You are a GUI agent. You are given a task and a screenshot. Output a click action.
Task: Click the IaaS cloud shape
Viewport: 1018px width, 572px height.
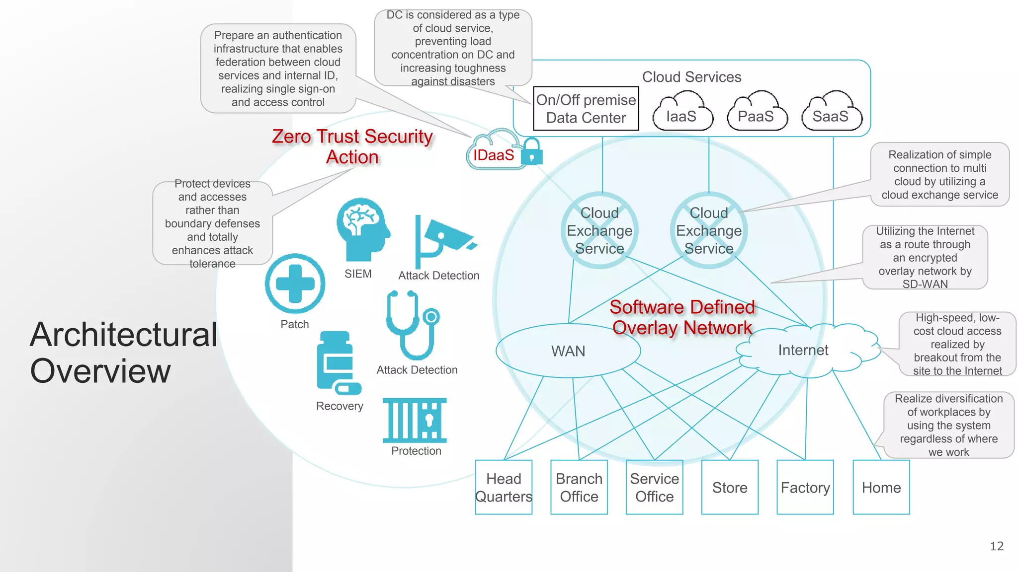click(682, 113)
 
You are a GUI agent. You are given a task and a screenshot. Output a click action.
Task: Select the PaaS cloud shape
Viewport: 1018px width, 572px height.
click(757, 113)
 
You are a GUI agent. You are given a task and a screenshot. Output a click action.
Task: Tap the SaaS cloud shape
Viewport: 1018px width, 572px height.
click(831, 113)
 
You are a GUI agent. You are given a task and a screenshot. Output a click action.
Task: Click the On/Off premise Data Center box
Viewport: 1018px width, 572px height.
click(586, 109)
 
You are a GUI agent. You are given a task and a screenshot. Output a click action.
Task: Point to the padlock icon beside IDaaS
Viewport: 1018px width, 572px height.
click(532, 152)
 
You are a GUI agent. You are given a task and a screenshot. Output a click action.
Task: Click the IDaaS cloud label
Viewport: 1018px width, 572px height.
click(494, 154)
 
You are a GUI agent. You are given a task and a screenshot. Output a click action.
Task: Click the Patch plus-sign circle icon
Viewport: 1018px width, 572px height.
click(295, 284)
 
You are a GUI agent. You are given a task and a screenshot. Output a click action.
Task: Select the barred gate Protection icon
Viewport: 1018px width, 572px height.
click(415, 420)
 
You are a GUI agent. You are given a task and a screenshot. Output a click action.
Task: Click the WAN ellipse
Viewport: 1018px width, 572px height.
click(568, 351)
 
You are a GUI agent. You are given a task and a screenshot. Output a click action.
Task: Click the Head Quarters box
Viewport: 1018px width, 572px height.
click(504, 487)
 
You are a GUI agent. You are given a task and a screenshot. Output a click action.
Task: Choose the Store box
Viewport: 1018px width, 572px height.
click(730, 487)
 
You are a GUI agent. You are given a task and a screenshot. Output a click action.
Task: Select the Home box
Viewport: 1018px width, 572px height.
click(881, 487)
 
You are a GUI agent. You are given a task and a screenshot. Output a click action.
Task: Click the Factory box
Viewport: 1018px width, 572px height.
click(805, 487)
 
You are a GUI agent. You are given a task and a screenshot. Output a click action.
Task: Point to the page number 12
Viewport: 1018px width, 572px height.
click(997, 546)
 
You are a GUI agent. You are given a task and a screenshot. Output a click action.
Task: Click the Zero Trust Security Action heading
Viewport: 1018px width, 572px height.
click(352, 146)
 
